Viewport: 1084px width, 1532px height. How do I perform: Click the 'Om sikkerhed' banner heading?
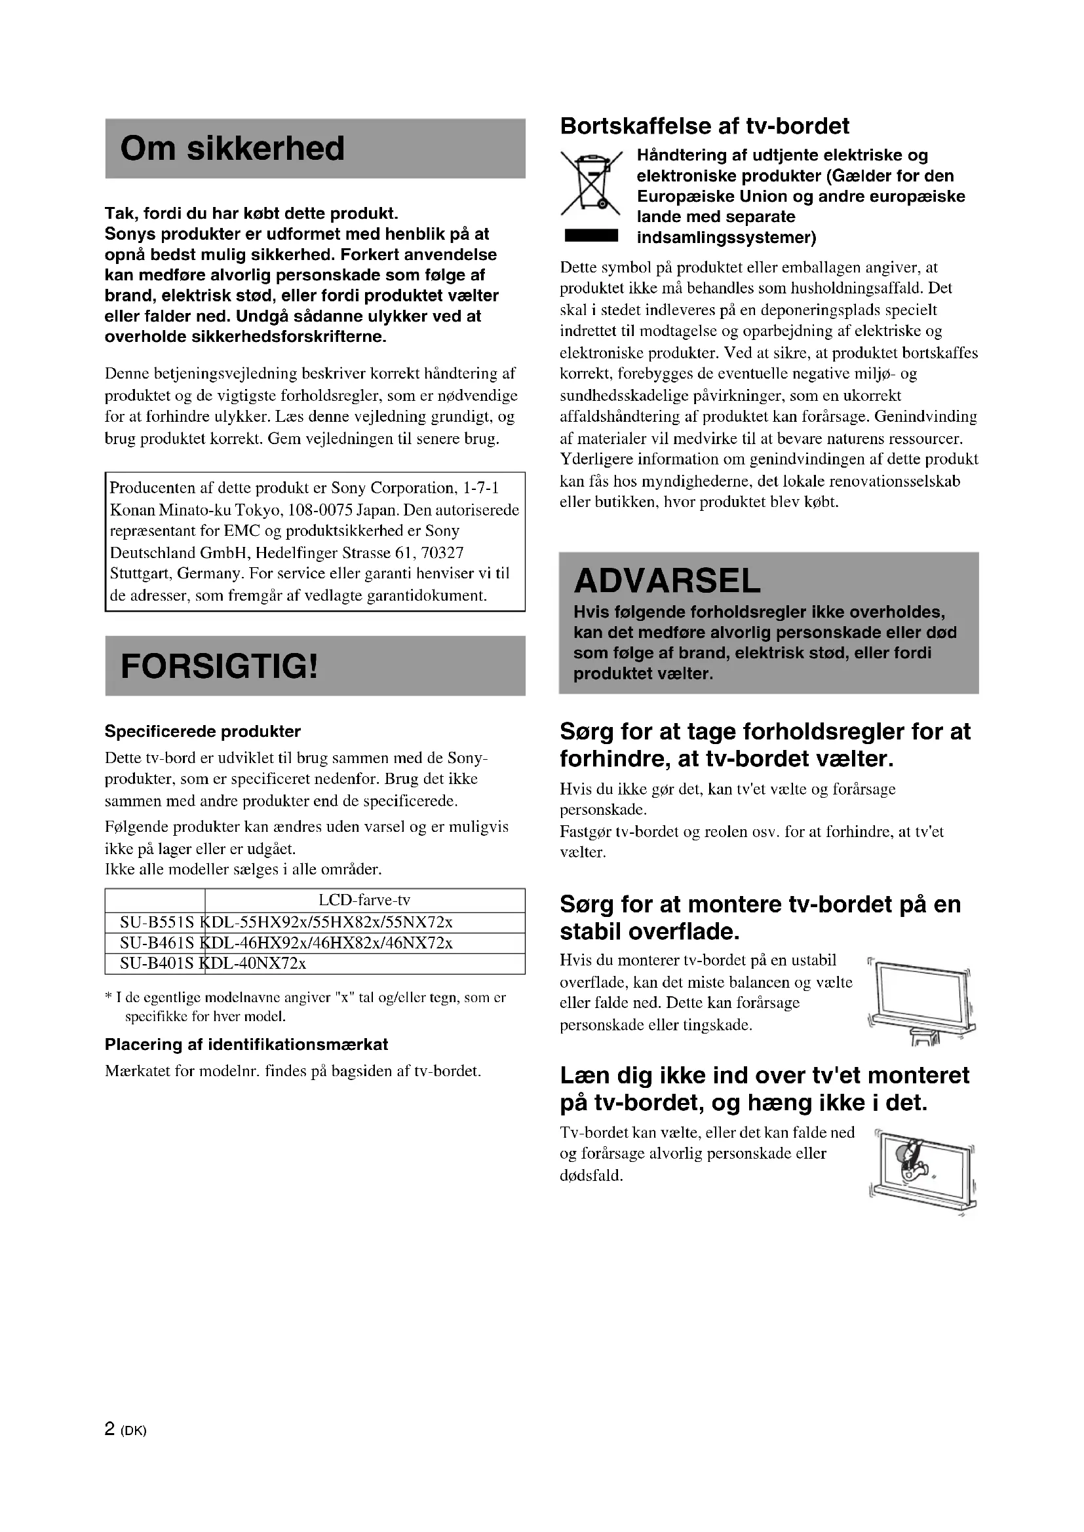click(x=232, y=148)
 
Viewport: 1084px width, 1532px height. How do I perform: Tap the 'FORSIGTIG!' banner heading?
click(x=220, y=665)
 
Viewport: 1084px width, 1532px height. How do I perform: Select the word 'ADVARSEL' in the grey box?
click(x=667, y=580)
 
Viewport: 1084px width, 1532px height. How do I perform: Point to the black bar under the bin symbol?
click(x=590, y=236)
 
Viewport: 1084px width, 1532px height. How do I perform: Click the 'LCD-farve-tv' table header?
click(x=364, y=900)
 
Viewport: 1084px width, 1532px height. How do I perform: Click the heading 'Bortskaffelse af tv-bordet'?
click(x=704, y=126)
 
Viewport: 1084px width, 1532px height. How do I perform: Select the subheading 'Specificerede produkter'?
click(x=203, y=732)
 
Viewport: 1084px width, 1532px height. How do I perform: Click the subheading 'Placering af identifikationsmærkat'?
click(x=246, y=1044)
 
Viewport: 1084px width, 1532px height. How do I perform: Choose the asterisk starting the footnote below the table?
click(x=109, y=998)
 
